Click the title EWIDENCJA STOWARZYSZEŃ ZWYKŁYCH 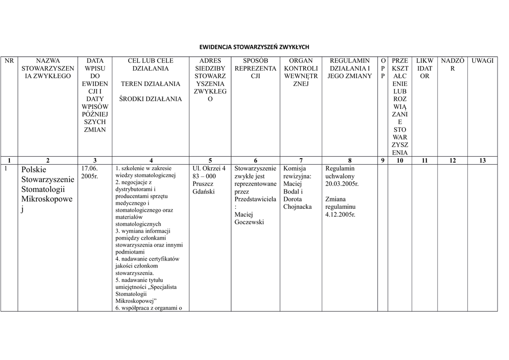(x=254, y=47)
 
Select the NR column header (x=9, y=61)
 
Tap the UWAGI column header (x=482, y=61)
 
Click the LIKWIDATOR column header (x=424, y=68)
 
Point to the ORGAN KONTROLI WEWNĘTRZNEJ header (x=301, y=72)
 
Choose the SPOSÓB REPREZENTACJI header (x=255, y=68)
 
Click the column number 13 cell (x=482, y=160)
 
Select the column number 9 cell (x=382, y=160)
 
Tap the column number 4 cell (x=151, y=160)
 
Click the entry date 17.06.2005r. (x=90, y=172)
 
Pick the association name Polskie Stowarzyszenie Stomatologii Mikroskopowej (x=48, y=189)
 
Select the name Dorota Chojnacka (x=297, y=203)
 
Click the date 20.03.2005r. (x=342, y=183)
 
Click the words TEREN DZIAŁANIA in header (x=151, y=84)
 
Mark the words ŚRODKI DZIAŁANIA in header (x=151, y=99)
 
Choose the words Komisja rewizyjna (x=297, y=172)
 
